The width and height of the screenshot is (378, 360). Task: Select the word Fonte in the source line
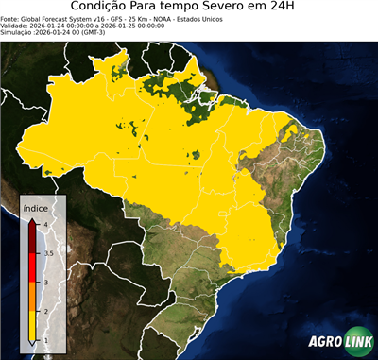11,19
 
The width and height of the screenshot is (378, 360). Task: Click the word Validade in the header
16,26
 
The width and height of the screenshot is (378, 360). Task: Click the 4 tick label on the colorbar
45,224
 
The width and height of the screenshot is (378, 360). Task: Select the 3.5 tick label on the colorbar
47,252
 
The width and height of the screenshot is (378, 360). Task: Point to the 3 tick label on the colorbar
45,282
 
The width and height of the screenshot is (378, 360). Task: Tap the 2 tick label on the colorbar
45,311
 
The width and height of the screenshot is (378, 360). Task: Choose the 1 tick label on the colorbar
45,340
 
